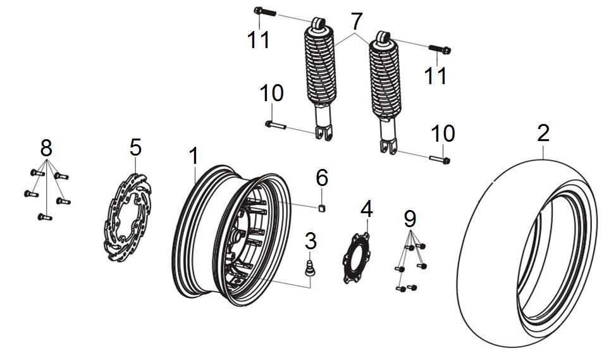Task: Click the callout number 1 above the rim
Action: [x=194, y=155]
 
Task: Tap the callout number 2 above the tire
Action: [x=543, y=133]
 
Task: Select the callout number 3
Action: [x=310, y=241]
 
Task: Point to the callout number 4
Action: [x=367, y=208]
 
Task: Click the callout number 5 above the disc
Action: [x=135, y=147]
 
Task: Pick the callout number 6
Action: [x=322, y=178]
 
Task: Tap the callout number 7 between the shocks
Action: [x=357, y=22]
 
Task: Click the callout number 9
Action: [x=410, y=220]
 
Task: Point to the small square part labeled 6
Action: [x=322, y=207]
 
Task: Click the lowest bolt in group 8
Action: [x=44, y=217]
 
